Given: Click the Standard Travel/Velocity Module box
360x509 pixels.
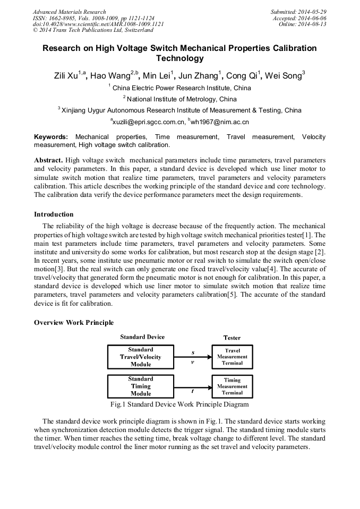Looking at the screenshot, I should tap(141, 357).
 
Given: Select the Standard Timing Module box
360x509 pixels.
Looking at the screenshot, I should tap(141, 386).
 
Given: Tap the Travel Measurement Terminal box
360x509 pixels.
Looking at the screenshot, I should tap(232, 357).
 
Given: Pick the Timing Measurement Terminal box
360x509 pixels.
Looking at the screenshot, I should tap(232, 386).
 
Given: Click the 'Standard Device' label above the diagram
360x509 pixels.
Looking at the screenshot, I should tap(142, 337).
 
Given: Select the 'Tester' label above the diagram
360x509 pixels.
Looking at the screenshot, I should tap(232, 338).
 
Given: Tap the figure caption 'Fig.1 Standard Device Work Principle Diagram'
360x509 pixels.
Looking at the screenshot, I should tap(179, 404).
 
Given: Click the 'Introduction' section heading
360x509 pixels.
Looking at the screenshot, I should tap(54, 214).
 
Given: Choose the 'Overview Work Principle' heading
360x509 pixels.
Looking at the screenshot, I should tap(74, 323).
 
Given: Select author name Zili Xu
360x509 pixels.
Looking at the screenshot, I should tap(67, 75).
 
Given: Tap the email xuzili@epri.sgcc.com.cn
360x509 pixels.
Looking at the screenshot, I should tap(148, 122).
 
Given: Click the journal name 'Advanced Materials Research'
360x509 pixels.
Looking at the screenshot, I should tap(70, 12).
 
